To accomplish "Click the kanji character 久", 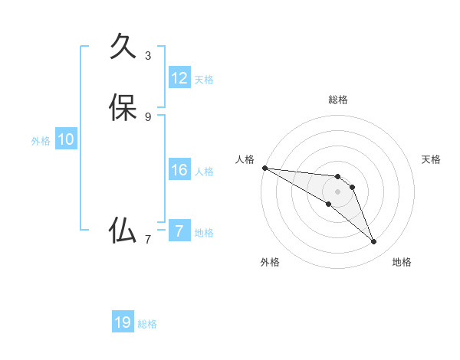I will (123, 46).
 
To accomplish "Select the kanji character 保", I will (123, 107).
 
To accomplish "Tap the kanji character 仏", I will (123, 230).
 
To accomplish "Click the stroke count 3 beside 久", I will (148, 55).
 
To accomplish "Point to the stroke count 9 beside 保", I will (148, 116).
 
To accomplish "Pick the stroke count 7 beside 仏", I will (148, 239).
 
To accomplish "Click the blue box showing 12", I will (179, 78).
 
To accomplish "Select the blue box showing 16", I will (179, 170).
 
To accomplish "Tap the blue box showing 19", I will (123, 322).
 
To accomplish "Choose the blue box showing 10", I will (66, 139).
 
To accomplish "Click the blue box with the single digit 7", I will (179, 231).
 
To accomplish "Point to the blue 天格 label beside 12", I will (204, 80).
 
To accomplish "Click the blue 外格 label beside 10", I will (41, 141).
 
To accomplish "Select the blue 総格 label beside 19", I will (147, 324).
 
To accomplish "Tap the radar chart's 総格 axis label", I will (337, 100).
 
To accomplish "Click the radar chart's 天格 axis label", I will (432, 159).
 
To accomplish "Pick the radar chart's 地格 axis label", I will (402, 262).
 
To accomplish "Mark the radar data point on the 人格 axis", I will (264, 168).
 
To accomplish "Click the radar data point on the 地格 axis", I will (374, 242).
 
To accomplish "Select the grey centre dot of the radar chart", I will (337, 191).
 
